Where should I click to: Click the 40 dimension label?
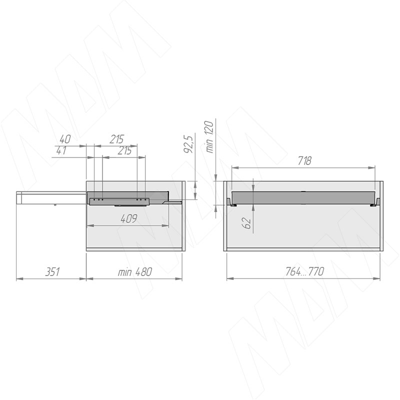[65, 139]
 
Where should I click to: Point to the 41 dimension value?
[61, 150]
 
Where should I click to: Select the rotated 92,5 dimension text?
[188, 144]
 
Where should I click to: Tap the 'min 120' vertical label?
[209, 137]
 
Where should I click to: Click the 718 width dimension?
[304, 160]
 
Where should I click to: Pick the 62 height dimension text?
[247, 223]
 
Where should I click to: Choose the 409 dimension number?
[129, 218]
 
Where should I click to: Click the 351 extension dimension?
[52, 272]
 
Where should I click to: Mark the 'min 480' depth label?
[134, 272]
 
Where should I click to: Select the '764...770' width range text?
[304, 271]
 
